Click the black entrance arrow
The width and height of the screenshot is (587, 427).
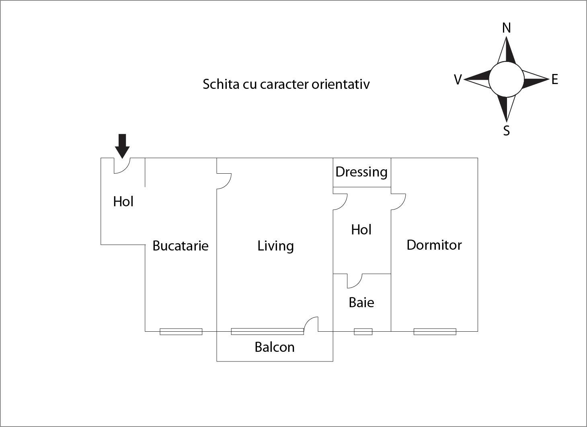click(x=122, y=146)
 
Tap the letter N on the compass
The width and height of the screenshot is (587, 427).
click(x=507, y=28)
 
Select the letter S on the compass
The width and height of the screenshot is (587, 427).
click(x=507, y=131)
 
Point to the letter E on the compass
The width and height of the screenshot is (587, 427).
click(x=555, y=80)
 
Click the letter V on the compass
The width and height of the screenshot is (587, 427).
click(x=458, y=80)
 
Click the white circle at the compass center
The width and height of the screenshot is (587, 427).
click(x=506, y=80)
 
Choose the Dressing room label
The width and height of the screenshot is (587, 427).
click(x=361, y=172)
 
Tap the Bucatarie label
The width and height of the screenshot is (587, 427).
click(x=181, y=246)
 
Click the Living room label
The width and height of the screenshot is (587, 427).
click(x=275, y=246)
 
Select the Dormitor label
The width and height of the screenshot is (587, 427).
click(x=434, y=245)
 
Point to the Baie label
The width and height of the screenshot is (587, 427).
click(x=361, y=302)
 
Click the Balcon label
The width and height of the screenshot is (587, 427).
click(x=275, y=347)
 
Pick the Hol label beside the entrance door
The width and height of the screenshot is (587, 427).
click(x=123, y=201)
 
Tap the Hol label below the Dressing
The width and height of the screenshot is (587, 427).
click(x=361, y=230)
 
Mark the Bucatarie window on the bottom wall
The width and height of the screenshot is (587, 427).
click(x=181, y=332)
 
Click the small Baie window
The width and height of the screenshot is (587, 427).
click(x=363, y=332)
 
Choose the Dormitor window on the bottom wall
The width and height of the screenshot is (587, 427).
click(x=435, y=332)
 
